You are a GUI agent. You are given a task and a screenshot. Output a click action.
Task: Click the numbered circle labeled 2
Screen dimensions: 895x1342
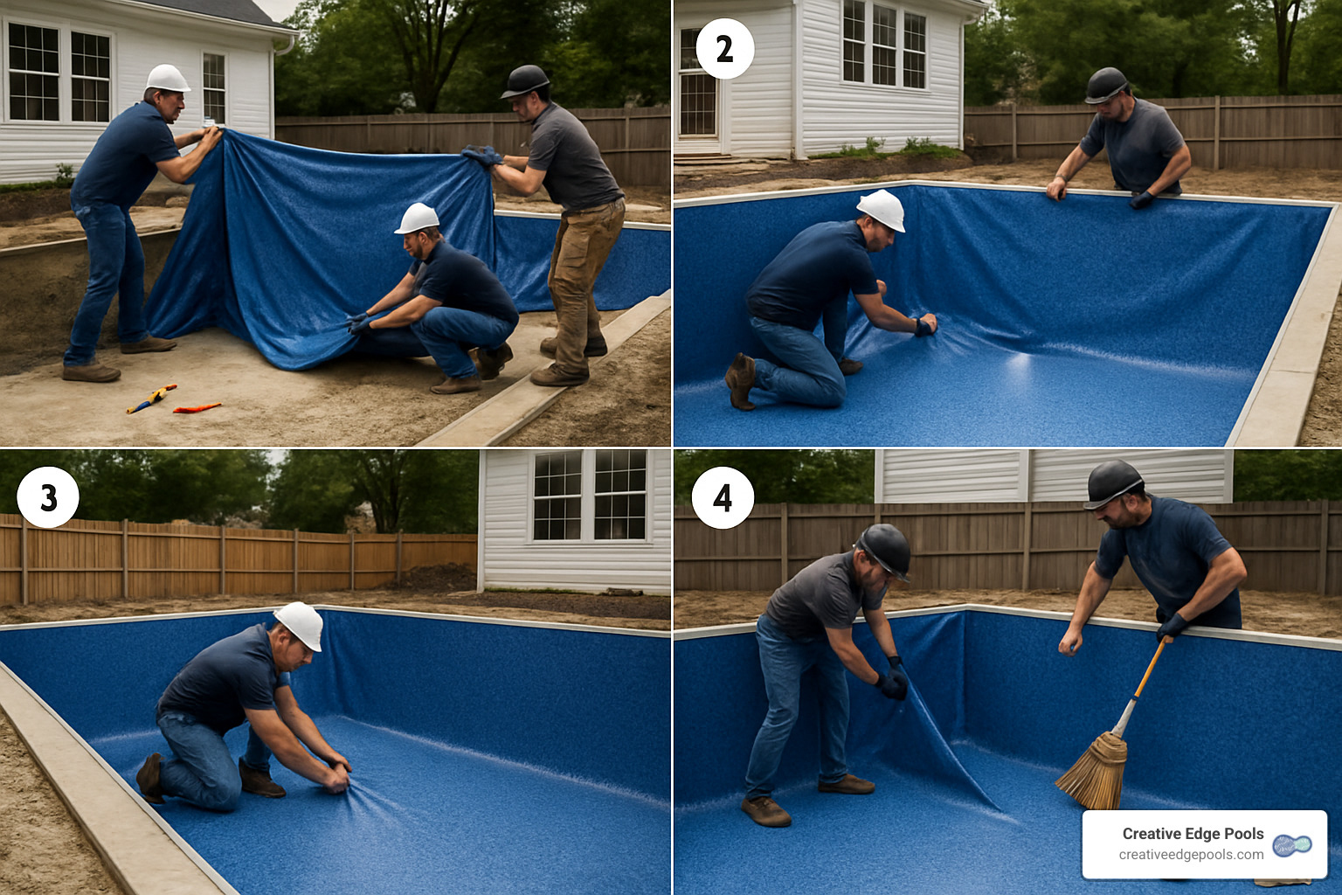(724, 49)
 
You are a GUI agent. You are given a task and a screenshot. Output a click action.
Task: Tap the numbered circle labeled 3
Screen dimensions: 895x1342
(48, 497)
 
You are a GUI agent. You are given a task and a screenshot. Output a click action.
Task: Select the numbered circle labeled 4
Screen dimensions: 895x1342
(723, 497)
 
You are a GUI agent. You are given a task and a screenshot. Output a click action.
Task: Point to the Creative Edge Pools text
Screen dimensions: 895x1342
(1193, 834)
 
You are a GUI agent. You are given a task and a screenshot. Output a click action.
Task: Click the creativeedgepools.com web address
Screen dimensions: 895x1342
(1191, 855)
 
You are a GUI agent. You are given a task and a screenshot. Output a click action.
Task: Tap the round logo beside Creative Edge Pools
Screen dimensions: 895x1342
(1292, 845)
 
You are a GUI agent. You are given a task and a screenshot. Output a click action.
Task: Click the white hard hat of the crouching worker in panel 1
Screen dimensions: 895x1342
(418, 219)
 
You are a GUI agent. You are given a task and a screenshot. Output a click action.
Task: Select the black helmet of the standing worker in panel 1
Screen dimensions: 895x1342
(525, 80)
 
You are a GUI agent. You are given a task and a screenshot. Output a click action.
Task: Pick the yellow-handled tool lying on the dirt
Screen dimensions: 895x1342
(151, 398)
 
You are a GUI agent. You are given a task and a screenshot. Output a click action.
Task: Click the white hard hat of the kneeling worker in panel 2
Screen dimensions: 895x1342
(882, 210)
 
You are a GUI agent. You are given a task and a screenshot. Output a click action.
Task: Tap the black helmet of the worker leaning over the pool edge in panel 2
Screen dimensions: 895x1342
(1105, 85)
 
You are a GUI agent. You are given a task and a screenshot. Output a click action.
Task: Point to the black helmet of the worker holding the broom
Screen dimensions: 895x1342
(1112, 482)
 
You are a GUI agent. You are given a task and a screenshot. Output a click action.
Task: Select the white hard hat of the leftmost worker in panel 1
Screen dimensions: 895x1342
(168, 78)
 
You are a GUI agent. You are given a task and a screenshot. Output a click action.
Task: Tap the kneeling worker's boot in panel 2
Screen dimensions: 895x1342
(741, 381)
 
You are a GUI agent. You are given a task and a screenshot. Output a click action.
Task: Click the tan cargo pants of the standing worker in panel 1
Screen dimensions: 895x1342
(579, 271)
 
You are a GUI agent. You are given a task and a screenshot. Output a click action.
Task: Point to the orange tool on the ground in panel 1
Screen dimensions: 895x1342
(197, 407)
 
